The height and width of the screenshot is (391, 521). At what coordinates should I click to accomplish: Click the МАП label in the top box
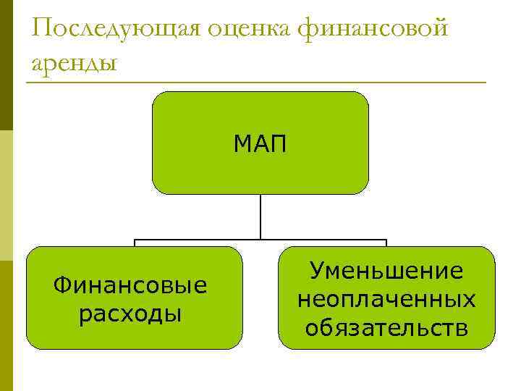pos(260,144)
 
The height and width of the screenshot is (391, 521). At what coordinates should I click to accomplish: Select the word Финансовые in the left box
pos(130,286)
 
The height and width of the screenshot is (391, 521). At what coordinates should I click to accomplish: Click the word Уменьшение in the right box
pos(386,272)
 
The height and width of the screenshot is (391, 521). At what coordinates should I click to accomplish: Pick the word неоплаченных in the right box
pos(386,299)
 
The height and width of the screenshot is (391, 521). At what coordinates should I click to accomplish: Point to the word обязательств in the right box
pos(386,327)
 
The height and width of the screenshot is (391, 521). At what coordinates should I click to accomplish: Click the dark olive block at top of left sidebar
pos(6,65)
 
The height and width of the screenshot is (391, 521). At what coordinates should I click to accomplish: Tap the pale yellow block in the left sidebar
pos(6,195)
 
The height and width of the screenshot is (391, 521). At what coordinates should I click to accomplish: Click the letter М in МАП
pos(242,144)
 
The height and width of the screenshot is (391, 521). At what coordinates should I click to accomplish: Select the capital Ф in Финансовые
pos(61,286)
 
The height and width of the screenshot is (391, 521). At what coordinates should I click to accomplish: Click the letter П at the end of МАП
pos(279,144)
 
